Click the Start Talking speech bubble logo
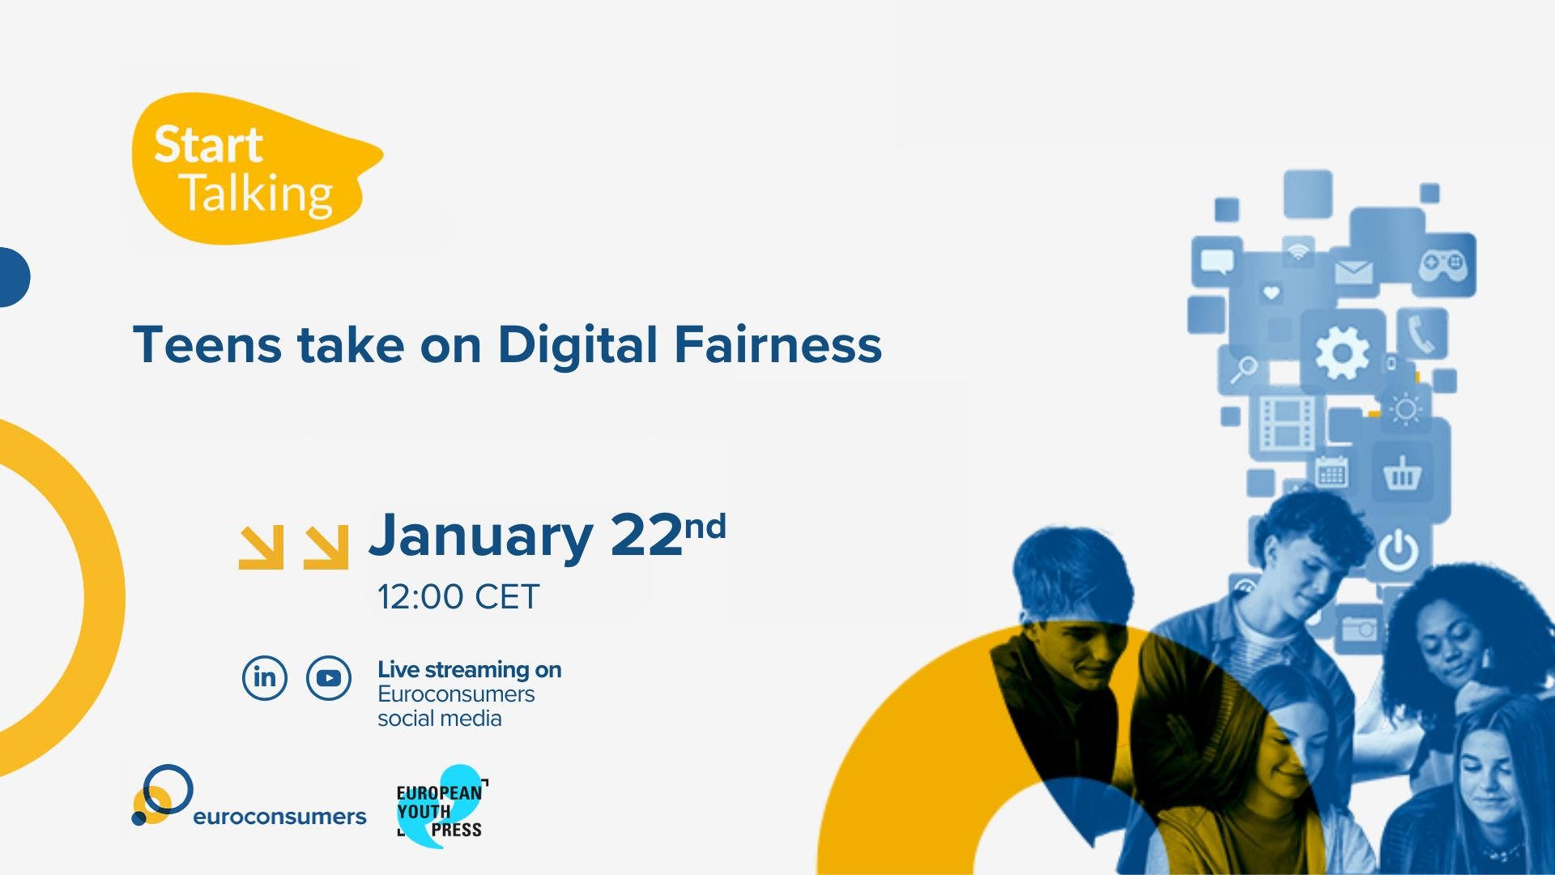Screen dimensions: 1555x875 (255, 169)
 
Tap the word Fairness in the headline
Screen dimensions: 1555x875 (777, 344)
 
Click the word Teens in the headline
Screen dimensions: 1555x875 (207, 344)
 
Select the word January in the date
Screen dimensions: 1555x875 (481, 536)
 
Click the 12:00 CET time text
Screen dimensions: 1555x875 (458, 597)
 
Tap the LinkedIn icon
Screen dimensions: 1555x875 (265, 677)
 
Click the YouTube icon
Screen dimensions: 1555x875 (329, 678)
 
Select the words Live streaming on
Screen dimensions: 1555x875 (470, 670)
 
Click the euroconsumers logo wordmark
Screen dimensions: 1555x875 (279, 817)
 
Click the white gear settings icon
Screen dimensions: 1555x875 (1342, 352)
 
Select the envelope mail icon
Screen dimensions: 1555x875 (1353, 272)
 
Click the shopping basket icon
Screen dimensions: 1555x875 (1401, 473)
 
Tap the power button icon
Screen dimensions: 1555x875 (1399, 550)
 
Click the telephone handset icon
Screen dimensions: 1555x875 (1421, 334)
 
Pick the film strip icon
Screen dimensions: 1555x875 (1286, 422)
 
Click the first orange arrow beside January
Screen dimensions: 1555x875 (262, 547)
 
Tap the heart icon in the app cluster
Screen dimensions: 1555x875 (1271, 292)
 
